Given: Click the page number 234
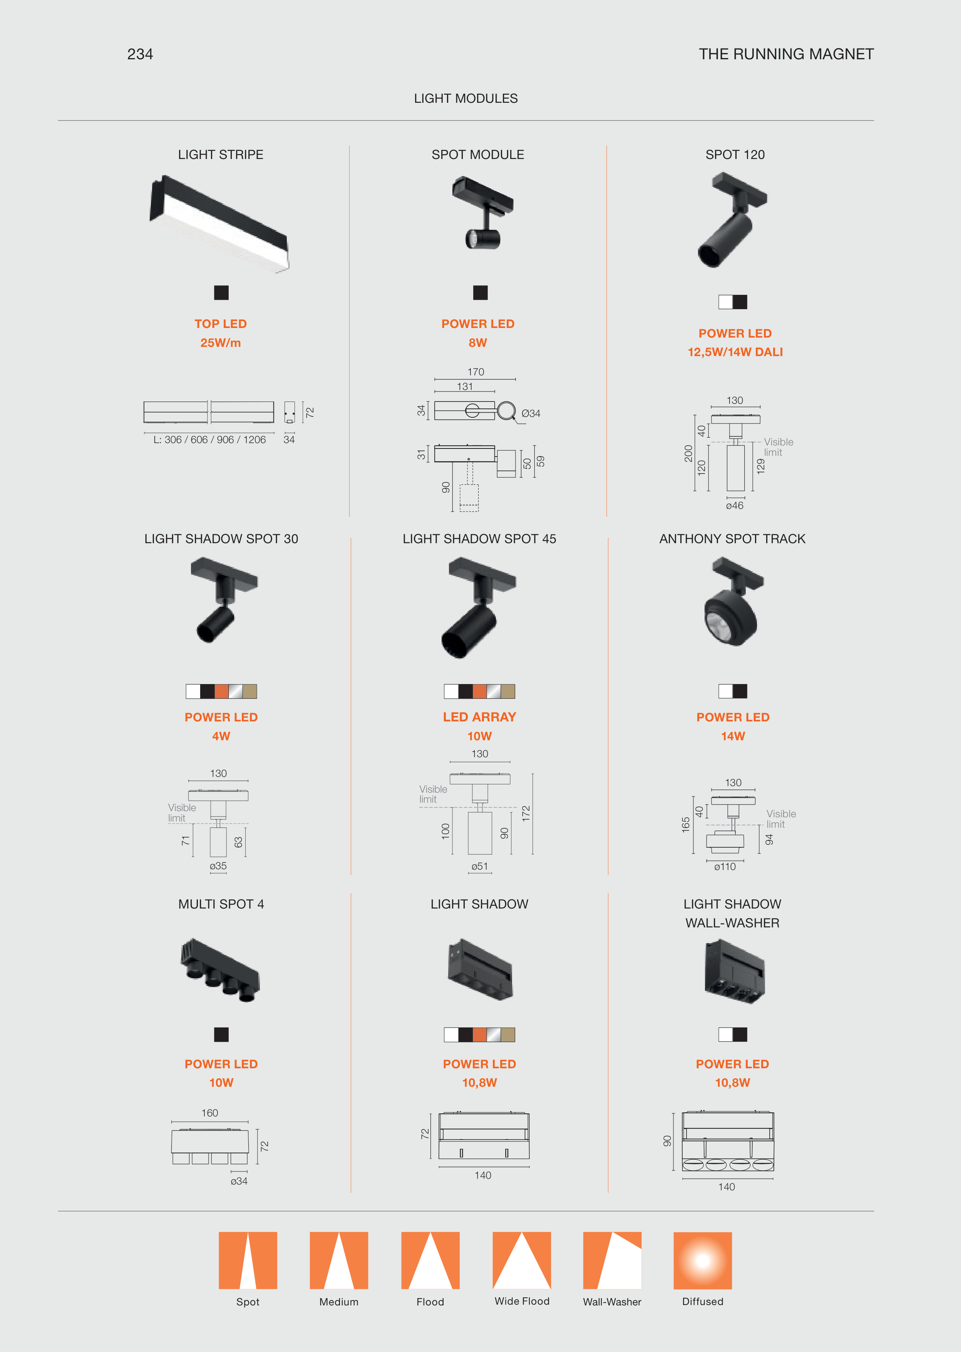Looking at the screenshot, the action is pyautogui.click(x=140, y=54).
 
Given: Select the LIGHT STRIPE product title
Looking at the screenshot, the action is pyautogui.click(x=221, y=154).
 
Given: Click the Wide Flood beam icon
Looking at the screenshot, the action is pyautogui.click(x=522, y=1260).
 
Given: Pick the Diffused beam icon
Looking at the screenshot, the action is pyautogui.click(x=702, y=1260).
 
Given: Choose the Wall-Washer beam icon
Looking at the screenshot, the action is pyautogui.click(x=612, y=1260).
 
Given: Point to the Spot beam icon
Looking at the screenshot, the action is pyautogui.click(x=248, y=1260).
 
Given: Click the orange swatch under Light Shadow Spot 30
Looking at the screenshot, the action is pyautogui.click(x=221, y=691).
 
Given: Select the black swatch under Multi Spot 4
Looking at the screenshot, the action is pyautogui.click(x=221, y=1034).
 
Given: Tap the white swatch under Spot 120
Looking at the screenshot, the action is pyautogui.click(x=725, y=302).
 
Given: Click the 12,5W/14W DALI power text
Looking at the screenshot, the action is pyautogui.click(x=735, y=352).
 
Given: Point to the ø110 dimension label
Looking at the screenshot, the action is pyautogui.click(x=725, y=867).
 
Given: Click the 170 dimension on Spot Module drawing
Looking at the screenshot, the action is pyautogui.click(x=476, y=371).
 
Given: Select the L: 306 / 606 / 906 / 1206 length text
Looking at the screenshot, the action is pyautogui.click(x=209, y=440).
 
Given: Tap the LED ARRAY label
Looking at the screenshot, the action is pyautogui.click(x=479, y=717).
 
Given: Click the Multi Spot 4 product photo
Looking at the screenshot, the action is pyautogui.click(x=220, y=970).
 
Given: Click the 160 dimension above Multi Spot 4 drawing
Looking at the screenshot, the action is pyautogui.click(x=209, y=1113).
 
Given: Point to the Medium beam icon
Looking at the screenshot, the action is pyautogui.click(x=339, y=1260).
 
